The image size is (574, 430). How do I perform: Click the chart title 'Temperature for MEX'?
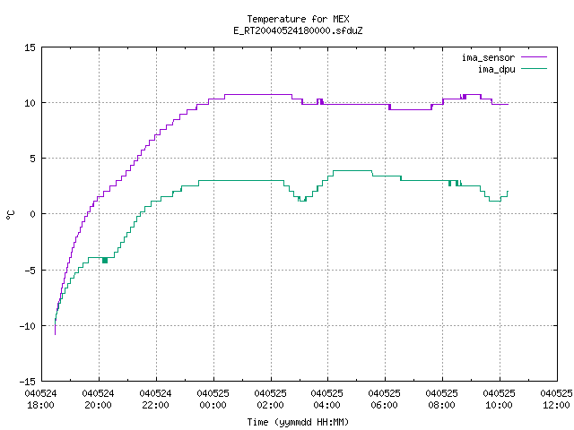298,19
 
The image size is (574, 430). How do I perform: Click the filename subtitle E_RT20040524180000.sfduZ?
298,30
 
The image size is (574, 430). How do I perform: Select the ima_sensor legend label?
488,57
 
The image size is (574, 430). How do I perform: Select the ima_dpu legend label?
496,69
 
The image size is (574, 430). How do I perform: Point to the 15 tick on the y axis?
30,47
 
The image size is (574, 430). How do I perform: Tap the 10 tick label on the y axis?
30,103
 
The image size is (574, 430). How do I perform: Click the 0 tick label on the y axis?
32,214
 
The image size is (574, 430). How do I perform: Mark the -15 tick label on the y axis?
28,382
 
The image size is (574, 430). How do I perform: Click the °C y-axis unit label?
10,215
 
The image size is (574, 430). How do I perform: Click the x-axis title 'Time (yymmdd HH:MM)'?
298,422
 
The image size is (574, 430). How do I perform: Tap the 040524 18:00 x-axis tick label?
40,400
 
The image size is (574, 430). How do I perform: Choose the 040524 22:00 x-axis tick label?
155,400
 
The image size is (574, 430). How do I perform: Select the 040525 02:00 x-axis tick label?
270,400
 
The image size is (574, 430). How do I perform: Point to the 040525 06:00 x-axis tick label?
385,400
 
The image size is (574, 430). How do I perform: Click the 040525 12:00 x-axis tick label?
556,400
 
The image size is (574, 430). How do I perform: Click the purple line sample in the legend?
535,57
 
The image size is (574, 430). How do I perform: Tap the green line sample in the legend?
535,68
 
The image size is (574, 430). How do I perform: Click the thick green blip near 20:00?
105,261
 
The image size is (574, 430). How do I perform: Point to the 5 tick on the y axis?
32,159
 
